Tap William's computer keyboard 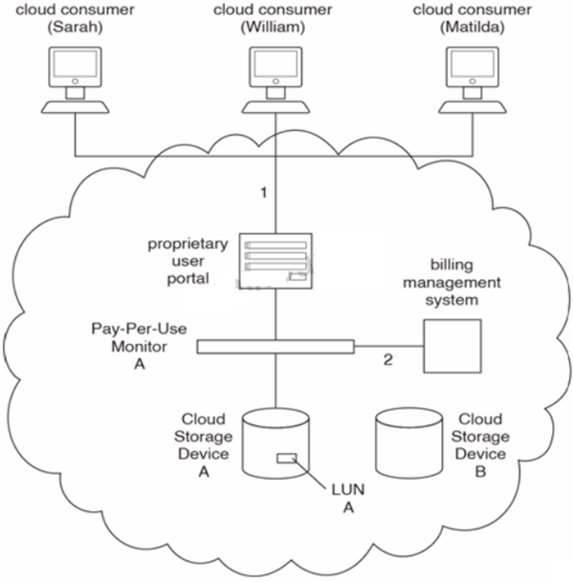(275, 107)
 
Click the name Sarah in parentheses (75, 27)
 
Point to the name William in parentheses (274, 27)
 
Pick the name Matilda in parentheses (473, 27)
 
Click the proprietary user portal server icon (275, 261)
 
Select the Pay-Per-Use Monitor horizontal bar (275, 347)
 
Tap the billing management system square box (452, 346)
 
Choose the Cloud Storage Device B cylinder (408, 442)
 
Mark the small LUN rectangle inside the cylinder (287, 459)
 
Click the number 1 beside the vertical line (263, 193)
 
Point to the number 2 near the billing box (388, 359)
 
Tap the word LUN (348, 490)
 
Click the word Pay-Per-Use (139, 329)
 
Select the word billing (452, 265)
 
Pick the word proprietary (188, 245)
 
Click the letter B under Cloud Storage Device (480, 472)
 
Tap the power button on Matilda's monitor (473, 81)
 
